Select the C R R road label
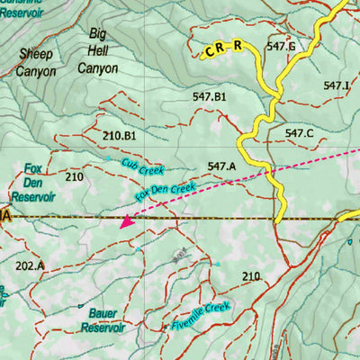224,48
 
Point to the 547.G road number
281,46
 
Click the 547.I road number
337,85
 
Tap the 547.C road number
299,133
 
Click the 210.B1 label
119,136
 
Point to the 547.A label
220,166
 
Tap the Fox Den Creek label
166,191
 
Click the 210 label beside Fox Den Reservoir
74,177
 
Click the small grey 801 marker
178,256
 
